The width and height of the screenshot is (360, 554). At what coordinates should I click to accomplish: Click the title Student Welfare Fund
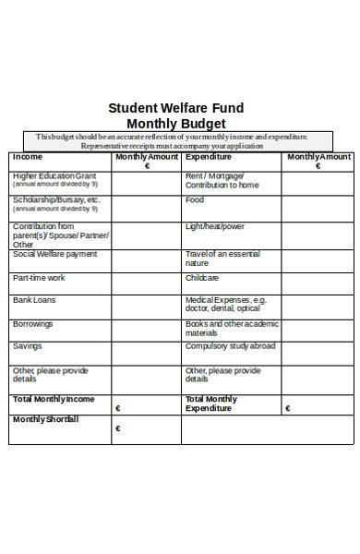[x=175, y=107]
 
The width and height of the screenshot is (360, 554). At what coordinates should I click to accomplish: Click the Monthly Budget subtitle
[x=175, y=123]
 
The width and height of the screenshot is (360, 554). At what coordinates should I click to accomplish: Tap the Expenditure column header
[x=209, y=157]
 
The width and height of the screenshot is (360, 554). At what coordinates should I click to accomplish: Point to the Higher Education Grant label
[x=54, y=175]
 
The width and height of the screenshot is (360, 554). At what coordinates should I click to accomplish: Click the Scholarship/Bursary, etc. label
[x=56, y=199]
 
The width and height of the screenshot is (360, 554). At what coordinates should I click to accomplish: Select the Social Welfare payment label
[x=54, y=254]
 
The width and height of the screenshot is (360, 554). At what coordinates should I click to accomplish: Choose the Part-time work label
[x=39, y=278]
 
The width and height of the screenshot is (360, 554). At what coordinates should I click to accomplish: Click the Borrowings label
[x=33, y=324]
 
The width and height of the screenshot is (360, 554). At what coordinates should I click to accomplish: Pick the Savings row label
[x=27, y=346]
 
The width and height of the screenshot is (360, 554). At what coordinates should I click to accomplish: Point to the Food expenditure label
[x=195, y=199]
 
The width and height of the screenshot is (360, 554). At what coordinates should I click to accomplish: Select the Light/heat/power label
[x=215, y=226]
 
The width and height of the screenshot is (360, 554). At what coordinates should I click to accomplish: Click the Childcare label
[x=202, y=278]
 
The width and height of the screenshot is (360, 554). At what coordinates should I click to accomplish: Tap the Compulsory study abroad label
[x=230, y=346]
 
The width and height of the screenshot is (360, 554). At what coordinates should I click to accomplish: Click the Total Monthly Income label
[x=54, y=399]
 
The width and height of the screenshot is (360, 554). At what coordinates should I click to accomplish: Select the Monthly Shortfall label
[x=45, y=419]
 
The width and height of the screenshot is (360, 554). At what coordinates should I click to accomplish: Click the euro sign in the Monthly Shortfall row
[x=118, y=428]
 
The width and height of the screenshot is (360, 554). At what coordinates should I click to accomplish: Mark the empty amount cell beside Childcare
[x=317, y=283]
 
